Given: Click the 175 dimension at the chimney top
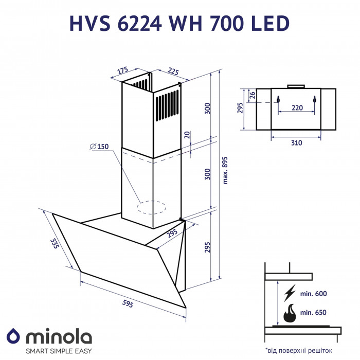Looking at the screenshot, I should [122, 71].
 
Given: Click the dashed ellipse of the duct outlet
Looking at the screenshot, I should [151, 207].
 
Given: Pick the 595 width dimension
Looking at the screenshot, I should [128, 303].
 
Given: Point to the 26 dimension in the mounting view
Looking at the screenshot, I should [251, 95].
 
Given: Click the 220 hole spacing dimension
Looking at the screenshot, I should [296, 109].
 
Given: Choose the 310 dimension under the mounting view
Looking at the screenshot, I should [296, 143].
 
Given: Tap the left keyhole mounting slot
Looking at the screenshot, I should [278, 99].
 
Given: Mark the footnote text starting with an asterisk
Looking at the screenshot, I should [298, 350].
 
